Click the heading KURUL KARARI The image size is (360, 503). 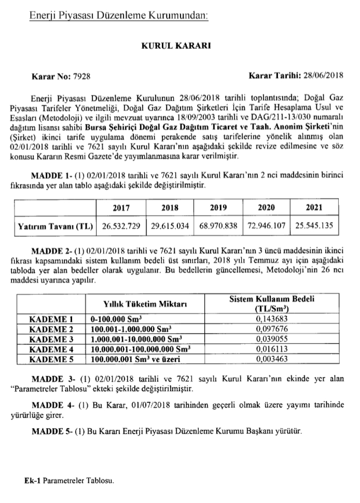(x=179, y=46)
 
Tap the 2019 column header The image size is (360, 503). (x=218, y=207)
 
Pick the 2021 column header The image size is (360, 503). (x=314, y=207)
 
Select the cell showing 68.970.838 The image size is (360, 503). (x=217, y=226)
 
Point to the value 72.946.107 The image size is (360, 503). (x=266, y=226)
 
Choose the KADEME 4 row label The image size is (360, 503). (x=51, y=348)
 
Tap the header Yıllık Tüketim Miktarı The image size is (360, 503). (x=146, y=303)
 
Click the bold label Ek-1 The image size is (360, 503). (x=33, y=480)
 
